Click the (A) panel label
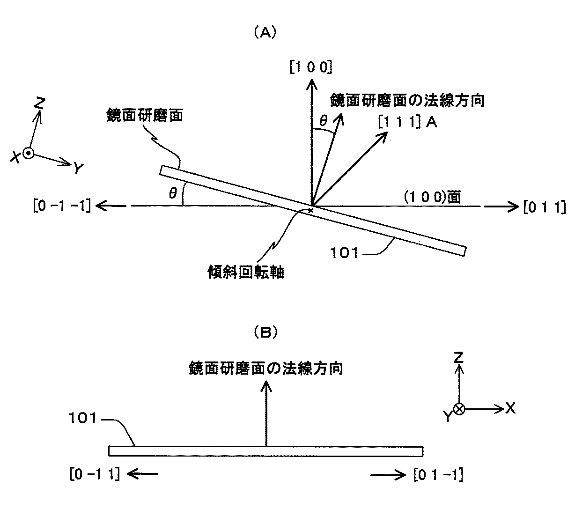265,33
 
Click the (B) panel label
265,333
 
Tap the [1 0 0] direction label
310,67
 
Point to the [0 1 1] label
545,207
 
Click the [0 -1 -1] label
62,206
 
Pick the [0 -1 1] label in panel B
95,474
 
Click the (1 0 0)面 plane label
432,197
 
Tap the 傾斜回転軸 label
246,272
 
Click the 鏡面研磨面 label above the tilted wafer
145,115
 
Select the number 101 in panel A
344,253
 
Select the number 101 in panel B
83,418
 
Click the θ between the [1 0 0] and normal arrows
324,120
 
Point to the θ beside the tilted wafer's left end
173,193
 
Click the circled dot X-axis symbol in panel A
29,153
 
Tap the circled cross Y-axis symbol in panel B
459,409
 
